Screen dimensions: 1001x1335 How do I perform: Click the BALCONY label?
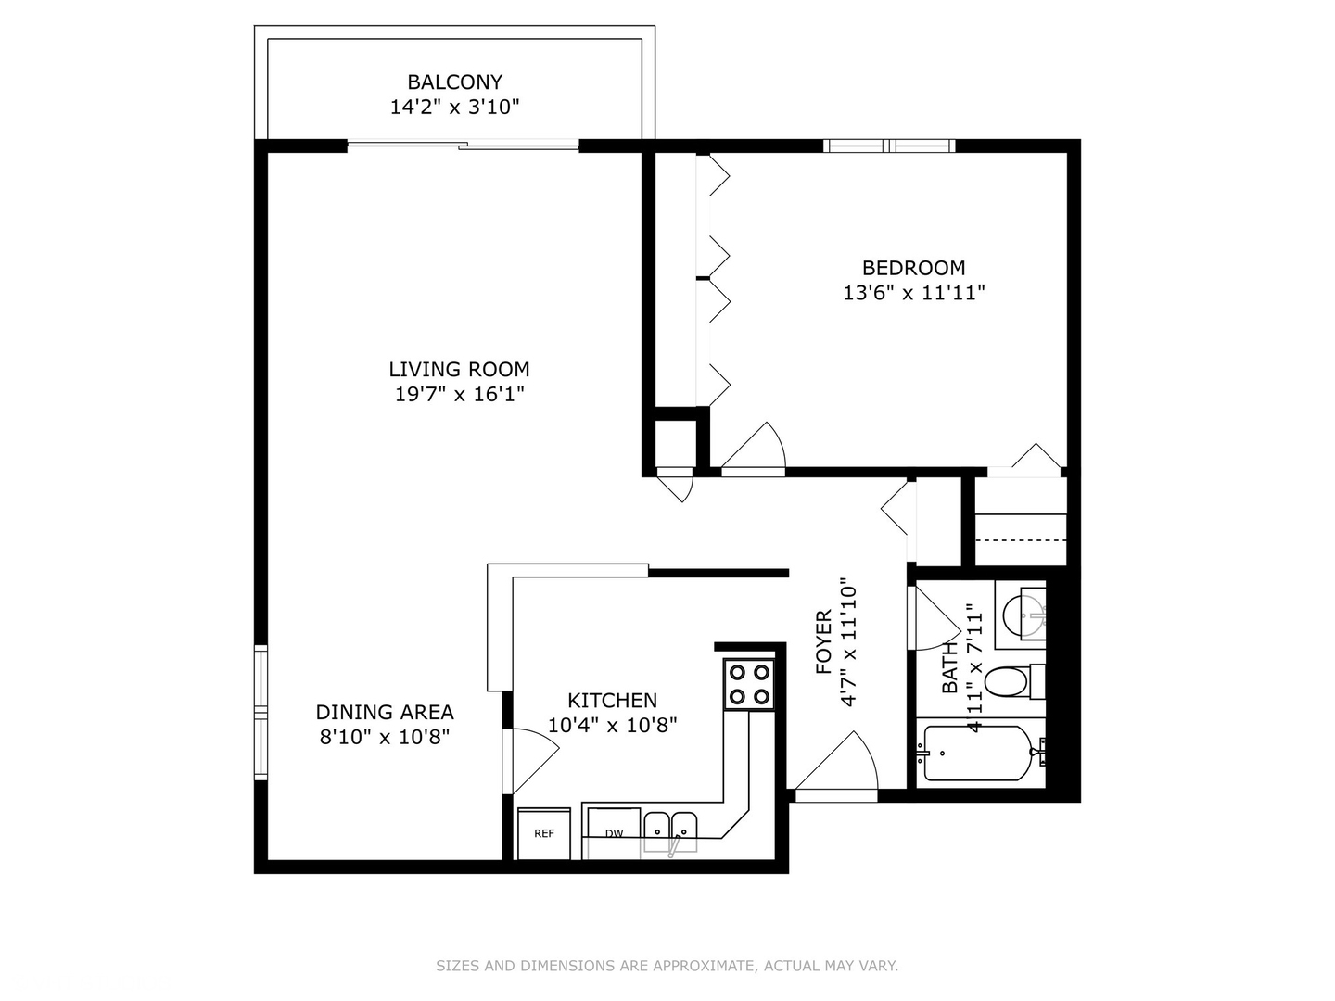[x=454, y=82]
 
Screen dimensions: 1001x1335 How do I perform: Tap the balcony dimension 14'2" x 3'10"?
[x=454, y=108]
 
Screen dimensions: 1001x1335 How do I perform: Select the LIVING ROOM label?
[x=459, y=369]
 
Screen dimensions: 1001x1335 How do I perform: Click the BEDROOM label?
[x=913, y=268]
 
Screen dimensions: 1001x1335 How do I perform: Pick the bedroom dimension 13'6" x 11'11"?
[x=913, y=293]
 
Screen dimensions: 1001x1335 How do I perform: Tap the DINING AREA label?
[x=385, y=712]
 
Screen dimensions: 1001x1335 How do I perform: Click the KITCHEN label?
[x=612, y=701]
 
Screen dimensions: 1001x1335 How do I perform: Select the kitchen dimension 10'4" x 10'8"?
[x=612, y=725]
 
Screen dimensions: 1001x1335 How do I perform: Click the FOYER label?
[x=823, y=641]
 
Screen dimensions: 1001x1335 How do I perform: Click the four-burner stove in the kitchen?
[x=749, y=685]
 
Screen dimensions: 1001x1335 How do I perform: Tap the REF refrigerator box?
[x=544, y=833]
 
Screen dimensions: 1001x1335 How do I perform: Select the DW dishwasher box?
[x=614, y=833]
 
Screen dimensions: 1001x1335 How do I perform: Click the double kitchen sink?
[x=671, y=827]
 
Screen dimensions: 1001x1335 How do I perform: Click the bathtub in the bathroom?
[x=979, y=753]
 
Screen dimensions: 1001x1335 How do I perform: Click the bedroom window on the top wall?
[x=889, y=146]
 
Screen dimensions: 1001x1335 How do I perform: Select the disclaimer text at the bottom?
[x=667, y=966]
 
